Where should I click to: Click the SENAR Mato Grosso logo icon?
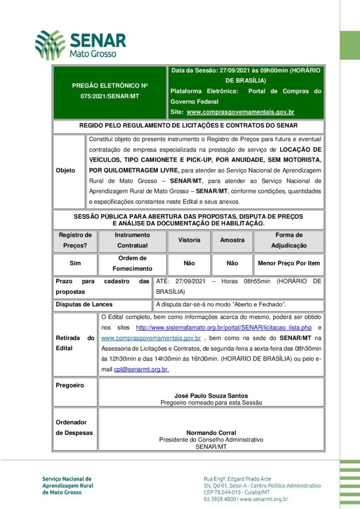[50, 45]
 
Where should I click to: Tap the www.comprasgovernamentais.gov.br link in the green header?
[240, 112]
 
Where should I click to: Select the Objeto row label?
[66, 170]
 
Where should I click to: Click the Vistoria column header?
[189, 240]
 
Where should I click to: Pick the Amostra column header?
[232, 240]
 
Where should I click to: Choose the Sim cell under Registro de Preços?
[75, 263]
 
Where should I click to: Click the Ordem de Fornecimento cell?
[132, 263]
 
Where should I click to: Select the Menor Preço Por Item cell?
[288, 263]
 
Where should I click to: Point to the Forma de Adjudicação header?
[288, 240]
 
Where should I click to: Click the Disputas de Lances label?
[84, 304]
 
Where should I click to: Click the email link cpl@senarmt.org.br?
[141, 369]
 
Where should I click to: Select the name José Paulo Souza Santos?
[211, 396]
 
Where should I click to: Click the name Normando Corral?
[211, 433]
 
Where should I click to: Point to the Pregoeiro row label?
[70, 385]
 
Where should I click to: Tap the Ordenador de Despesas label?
[74, 427]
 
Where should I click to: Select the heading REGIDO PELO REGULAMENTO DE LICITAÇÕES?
[188, 126]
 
